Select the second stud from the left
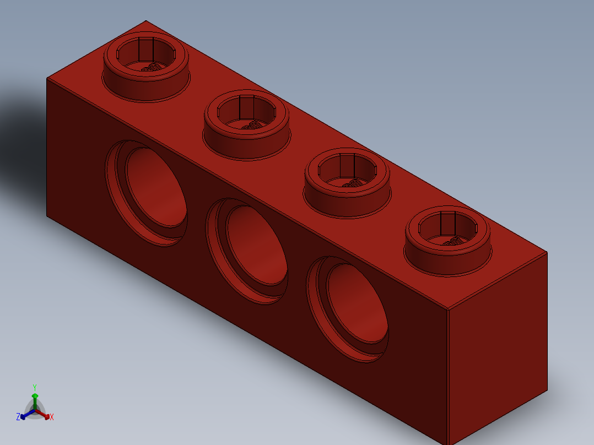pos(246,126)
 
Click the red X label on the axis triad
pos(52,417)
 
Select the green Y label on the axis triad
pos(35,387)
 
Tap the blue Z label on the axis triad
pos(18,417)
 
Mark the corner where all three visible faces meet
pos(447,310)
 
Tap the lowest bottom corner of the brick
pos(448,444)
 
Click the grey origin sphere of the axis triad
pos(35,410)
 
